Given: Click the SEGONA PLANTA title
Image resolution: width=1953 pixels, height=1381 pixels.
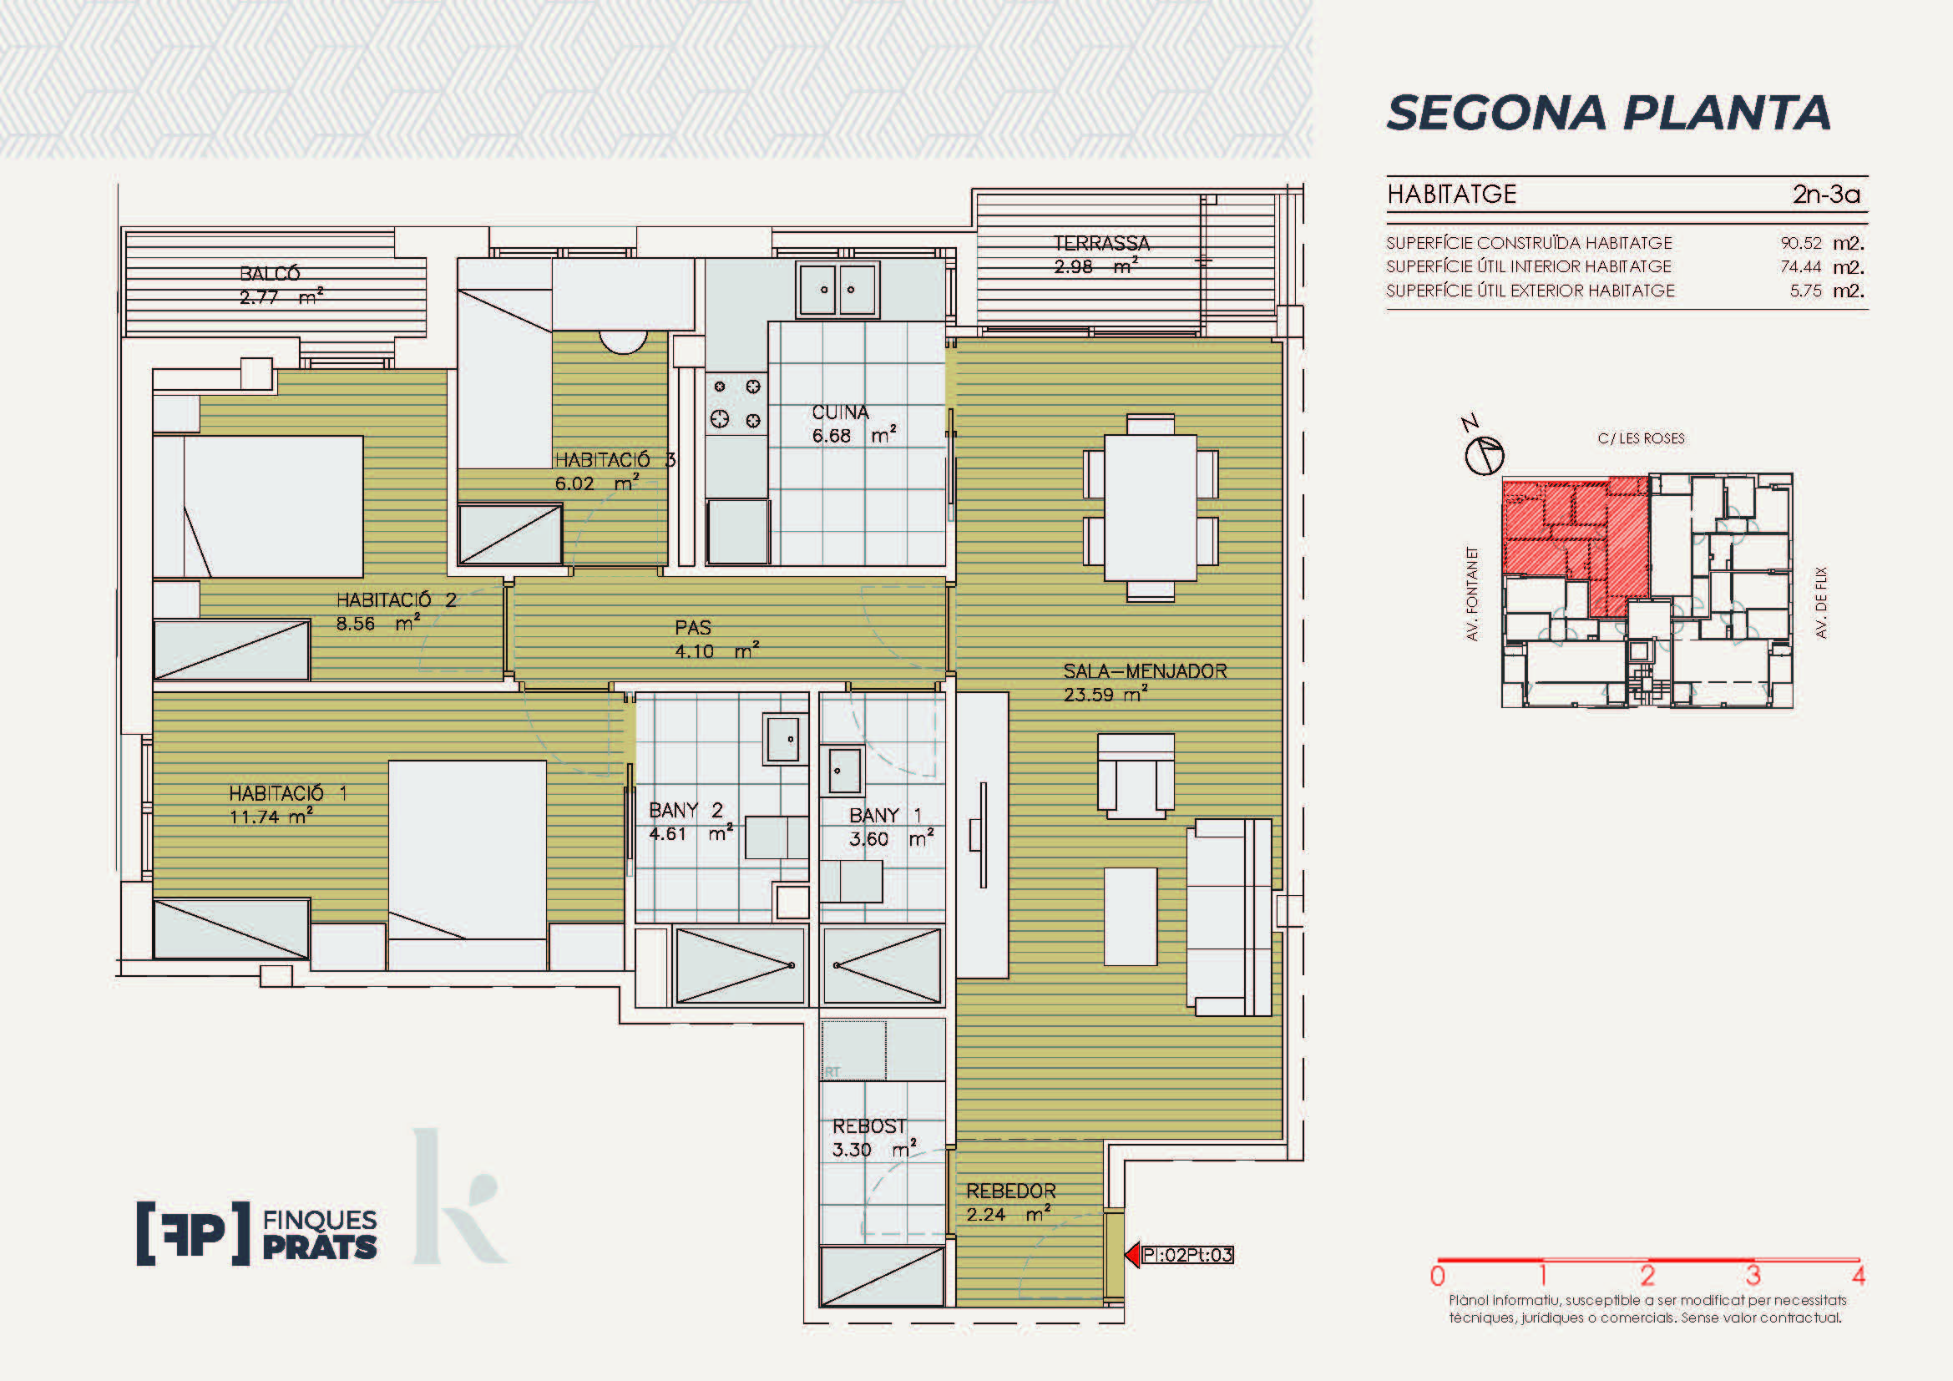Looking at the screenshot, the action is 1607,113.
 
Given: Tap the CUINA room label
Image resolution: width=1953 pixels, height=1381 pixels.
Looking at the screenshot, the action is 841,412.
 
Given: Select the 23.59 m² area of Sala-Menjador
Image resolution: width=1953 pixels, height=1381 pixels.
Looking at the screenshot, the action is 1105,694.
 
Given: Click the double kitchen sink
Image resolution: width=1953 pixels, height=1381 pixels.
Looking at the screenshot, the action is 837,289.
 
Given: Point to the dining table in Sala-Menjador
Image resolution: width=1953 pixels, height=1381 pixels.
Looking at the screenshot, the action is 1150,508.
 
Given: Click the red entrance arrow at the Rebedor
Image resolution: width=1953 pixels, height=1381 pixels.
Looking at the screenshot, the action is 1132,1254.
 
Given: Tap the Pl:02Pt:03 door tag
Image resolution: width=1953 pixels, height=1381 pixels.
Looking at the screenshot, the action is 1187,1254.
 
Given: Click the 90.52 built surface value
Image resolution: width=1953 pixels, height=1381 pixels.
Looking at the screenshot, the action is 1801,243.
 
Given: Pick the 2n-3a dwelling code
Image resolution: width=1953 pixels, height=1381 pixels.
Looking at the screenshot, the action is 1825,194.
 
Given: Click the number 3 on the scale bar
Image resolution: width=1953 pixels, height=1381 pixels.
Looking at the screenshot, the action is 1753,1276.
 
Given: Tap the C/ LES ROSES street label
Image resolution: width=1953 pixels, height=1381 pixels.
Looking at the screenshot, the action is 1641,439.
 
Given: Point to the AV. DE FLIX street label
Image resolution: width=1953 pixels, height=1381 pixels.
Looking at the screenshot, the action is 1821,603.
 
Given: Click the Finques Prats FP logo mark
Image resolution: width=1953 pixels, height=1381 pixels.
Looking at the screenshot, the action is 193,1233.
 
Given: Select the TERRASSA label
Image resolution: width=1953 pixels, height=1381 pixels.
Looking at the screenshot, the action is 1101,243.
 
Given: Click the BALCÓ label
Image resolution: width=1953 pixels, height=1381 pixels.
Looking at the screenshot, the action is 270,274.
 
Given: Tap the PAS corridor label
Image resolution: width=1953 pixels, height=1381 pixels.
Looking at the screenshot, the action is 692,628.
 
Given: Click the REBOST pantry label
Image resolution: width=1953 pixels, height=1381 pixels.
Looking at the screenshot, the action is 868,1126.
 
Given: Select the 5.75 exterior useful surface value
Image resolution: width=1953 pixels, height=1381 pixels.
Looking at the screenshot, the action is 1805,291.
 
